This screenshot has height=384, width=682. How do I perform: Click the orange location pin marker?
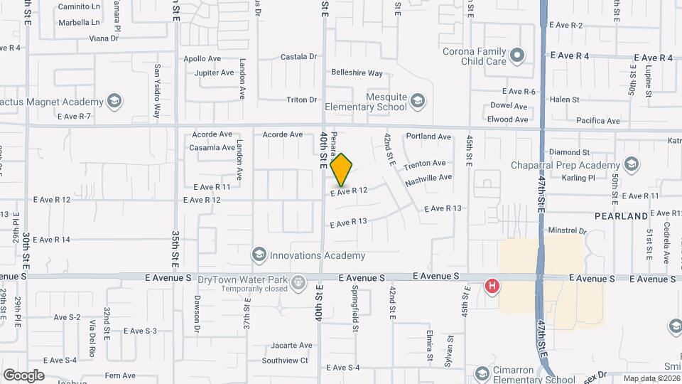click(x=342, y=169)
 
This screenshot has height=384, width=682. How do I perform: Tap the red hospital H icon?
click(x=491, y=287)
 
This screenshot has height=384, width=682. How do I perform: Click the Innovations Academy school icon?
click(x=259, y=255)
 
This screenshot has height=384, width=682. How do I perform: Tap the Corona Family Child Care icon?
click(x=518, y=54)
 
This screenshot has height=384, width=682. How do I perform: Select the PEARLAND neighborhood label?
click(x=622, y=215)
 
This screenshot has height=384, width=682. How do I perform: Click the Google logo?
click(x=23, y=375)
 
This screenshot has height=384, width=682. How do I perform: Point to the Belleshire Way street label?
click(x=357, y=73)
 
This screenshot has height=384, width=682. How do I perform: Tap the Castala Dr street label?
click(x=298, y=56)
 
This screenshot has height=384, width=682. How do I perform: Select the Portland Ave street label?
click(x=428, y=137)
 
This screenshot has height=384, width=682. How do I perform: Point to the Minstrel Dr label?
click(x=568, y=231)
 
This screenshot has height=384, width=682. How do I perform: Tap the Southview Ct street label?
click(x=285, y=361)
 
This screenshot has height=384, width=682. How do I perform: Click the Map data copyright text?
click(x=651, y=378)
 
